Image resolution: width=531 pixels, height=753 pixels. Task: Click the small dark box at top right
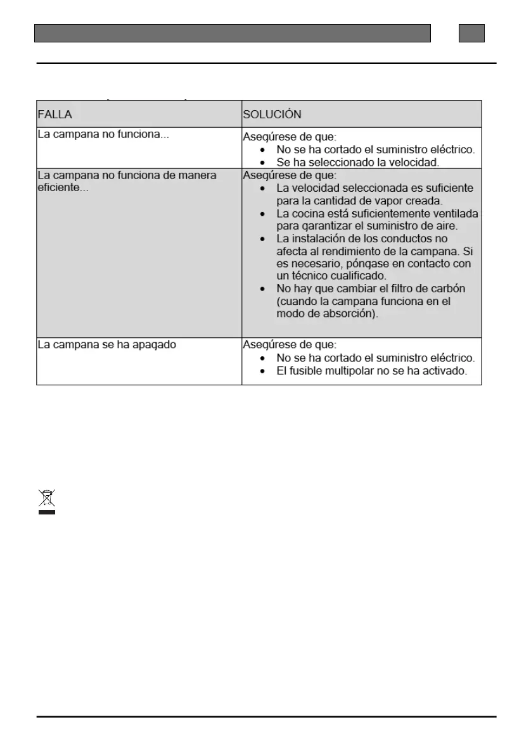pos(471,33)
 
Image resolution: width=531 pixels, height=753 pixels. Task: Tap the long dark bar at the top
pos(232,33)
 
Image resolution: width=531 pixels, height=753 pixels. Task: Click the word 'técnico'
pos(310,276)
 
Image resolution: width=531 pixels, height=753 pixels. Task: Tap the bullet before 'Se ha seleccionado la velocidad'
pos(263,162)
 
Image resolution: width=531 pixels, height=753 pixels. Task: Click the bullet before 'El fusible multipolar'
pos(263,371)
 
